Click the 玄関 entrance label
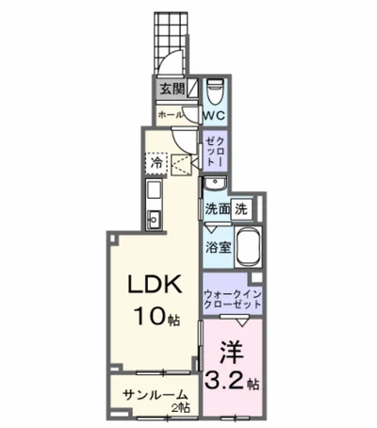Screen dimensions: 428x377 (x=171, y=91)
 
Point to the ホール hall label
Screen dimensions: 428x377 (x=171, y=113)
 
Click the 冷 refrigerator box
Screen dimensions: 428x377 (x=156, y=163)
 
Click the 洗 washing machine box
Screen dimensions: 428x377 (x=242, y=207)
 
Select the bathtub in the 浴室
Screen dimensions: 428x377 (x=247, y=247)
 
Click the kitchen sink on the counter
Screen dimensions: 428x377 (x=154, y=220)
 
